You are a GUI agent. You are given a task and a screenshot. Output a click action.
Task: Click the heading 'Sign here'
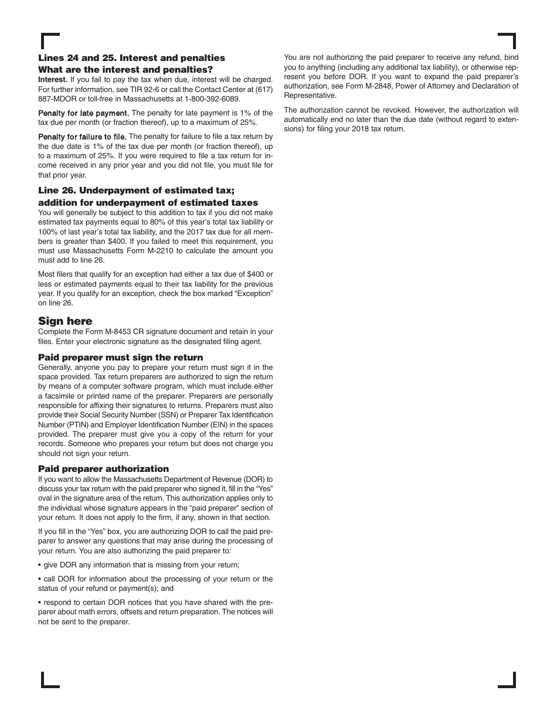pyautogui.click(x=65, y=321)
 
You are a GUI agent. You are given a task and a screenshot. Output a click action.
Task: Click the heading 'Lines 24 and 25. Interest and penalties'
pyautogui.click(x=131, y=58)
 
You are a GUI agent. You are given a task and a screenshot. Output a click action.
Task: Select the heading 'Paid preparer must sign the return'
pyautogui.click(x=120, y=357)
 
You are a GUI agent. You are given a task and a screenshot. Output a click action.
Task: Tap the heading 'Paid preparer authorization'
pyautogui.click(x=103, y=468)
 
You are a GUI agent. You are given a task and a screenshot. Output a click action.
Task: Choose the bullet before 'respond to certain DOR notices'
pyautogui.click(x=40, y=603)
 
